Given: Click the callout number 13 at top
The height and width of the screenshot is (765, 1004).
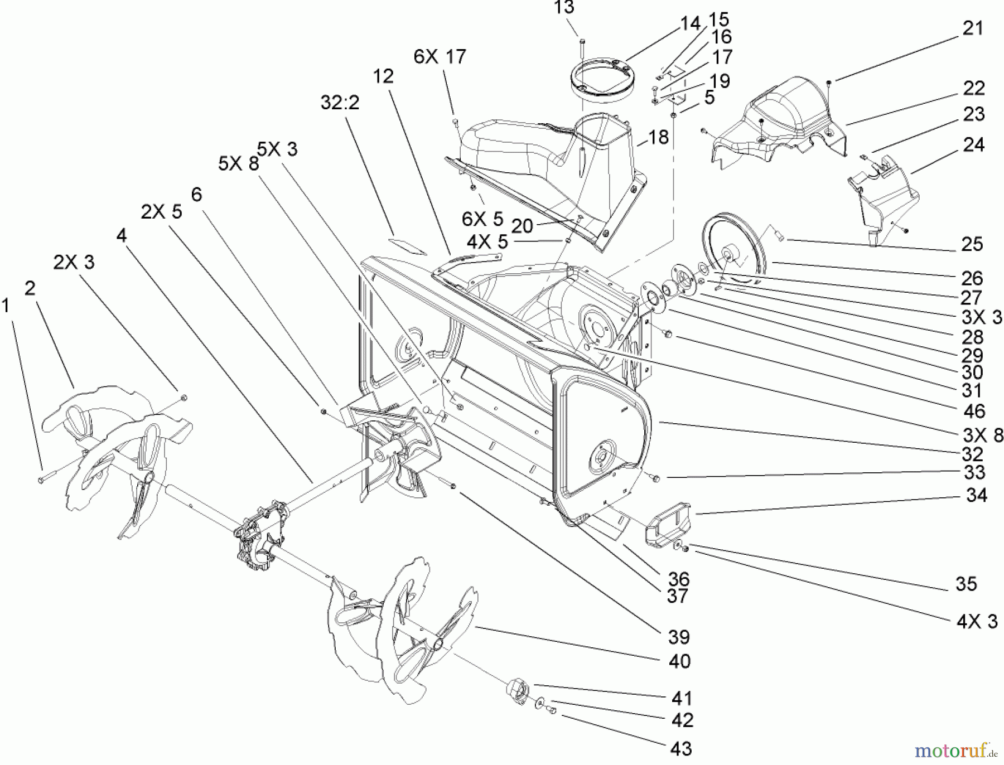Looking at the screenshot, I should (x=564, y=8).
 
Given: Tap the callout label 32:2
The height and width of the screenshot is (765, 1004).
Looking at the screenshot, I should (x=340, y=102).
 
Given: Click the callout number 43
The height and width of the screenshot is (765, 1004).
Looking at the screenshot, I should (x=681, y=748).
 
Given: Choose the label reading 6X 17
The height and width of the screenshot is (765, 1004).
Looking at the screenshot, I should (x=440, y=57).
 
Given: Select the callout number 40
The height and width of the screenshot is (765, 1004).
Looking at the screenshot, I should (x=679, y=661).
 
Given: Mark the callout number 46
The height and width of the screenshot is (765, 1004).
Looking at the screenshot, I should (x=973, y=411).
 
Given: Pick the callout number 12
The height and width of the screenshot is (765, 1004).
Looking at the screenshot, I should (x=383, y=76).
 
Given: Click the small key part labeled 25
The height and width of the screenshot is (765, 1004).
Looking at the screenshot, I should (x=778, y=234).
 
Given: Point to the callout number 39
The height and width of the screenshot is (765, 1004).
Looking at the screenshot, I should (x=679, y=637).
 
